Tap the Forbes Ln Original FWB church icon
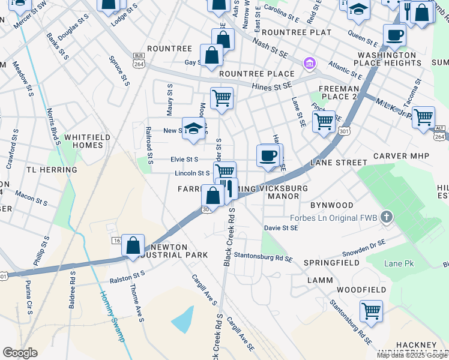click(x=388, y=217)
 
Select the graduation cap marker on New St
click(x=193, y=128)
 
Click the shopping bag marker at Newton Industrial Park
click(x=133, y=245)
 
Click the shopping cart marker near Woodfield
click(x=371, y=311)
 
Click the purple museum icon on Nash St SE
click(x=310, y=63)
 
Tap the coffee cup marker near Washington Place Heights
click(x=394, y=35)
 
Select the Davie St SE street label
click(x=281, y=228)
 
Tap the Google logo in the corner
click(x=20, y=353)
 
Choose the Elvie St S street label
click(x=184, y=160)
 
